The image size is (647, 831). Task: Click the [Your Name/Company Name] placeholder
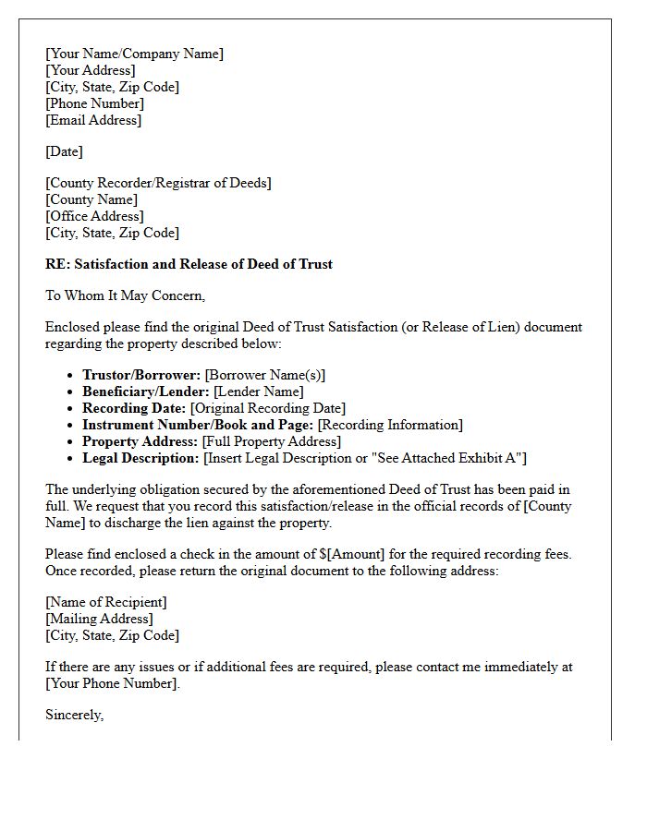click(x=134, y=54)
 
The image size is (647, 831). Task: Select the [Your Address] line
click(x=91, y=70)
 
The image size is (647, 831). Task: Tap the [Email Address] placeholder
click(x=93, y=120)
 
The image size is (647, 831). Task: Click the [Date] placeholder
click(x=64, y=151)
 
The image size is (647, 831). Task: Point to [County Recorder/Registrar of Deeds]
click(x=158, y=183)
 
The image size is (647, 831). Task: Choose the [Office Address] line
click(x=94, y=216)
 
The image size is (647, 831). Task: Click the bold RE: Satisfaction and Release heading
click(x=189, y=264)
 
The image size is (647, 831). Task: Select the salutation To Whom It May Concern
click(x=125, y=295)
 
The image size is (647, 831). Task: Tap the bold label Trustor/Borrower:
click(x=141, y=375)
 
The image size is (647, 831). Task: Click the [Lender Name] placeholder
click(x=258, y=391)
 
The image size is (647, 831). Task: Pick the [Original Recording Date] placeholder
click(x=267, y=408)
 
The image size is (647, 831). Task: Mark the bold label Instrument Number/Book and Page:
click(x=198, y=425)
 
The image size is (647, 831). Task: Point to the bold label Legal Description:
click(x=140, y=458)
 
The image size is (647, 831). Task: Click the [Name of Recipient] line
click(x=106, y=602)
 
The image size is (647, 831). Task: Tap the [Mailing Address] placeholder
click(x=99, y=619)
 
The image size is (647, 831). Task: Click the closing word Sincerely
click(x=74, y=715)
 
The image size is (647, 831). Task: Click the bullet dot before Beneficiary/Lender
click(x=72, y=391)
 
